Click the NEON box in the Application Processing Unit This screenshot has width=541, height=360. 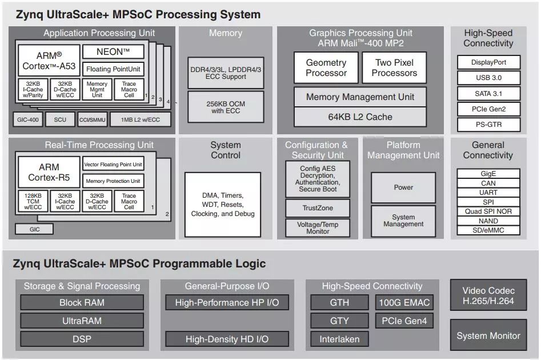pyautogui.click(x=113, y=52)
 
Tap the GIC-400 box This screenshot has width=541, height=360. pyautogui.click(x=27, y=119)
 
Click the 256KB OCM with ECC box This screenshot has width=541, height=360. pyautogui.click(x=226, y=107)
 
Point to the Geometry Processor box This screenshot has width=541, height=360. pyautogui.click(x=326, y=68)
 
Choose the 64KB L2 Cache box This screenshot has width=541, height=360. pyautogui.click(x=360, y=117)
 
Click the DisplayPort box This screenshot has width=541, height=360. pyautogui.click(x=488, y=62)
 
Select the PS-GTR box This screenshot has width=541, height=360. pyautogui.click(x=488, y=124)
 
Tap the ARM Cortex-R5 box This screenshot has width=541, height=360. pyautogui.click(x=49, y=173)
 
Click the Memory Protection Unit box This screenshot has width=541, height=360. pyautogui.click(x=113, y=181)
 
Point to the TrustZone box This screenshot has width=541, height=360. pyautogui.click(x=318, y=208)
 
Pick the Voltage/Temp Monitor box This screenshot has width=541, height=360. pyautogui.click(x=318, y=228)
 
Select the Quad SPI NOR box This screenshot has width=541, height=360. pyautogui.click(x=488, y=211)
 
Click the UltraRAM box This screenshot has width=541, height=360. pyautogui.click(x=82, y=321)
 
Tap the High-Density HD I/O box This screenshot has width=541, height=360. pyautogui.click(x=227, y=339)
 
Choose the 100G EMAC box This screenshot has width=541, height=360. pyautogui.click(x=404, y=302)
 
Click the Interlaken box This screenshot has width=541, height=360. pyautogui.click(x=339, y=339)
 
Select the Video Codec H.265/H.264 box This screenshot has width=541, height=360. pyautogui.click(x=488, y=295)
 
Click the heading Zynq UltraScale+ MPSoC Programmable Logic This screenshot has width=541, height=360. pyautogui.click(x=139, y=263)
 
